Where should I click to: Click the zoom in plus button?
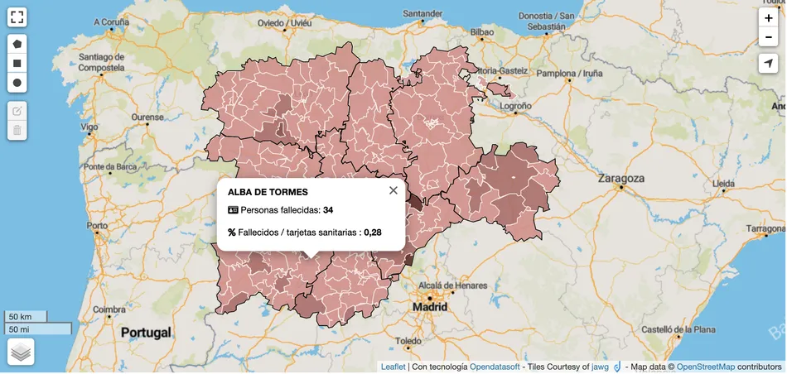769,17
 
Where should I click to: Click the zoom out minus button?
769,36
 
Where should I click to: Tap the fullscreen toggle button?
17,17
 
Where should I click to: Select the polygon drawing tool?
17,42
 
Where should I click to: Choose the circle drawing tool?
17,83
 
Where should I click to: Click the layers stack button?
21,352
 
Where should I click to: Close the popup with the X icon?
393,190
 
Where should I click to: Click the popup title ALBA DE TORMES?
268,192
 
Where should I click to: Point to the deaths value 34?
328,210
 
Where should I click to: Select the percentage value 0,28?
372,233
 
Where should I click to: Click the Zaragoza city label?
621,178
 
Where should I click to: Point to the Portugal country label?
146,333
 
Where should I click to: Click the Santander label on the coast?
422,14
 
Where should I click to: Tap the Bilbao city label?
481,32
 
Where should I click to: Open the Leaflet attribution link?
393,367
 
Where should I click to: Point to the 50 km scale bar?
26,317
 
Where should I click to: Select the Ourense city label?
147,117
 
